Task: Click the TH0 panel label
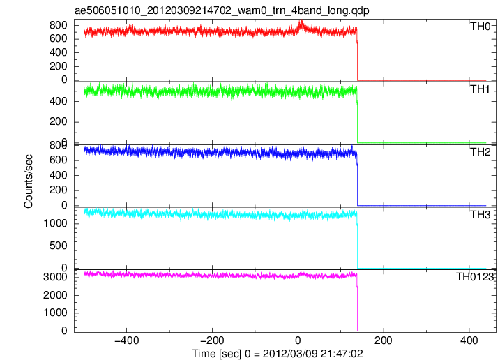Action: coord(480,27)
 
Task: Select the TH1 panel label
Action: coord(480,89)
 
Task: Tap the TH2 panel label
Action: coord(480,152)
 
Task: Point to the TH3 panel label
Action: coord(480,215)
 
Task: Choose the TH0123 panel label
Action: coord(475,277)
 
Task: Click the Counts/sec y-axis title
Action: coord(28,181)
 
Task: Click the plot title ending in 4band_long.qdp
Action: coord(222,11)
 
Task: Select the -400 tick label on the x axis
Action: coord(127,340)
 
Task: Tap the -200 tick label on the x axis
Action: coord(212,340)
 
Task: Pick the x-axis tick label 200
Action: coord(384,340)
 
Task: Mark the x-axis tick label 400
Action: coord(469,340)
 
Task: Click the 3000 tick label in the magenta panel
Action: coord(56,277)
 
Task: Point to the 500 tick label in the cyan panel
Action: coord(59,246)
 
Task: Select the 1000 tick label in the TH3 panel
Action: coord(56,223)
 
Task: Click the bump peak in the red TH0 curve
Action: coord(301,22)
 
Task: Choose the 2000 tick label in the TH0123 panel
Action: coord(56,295)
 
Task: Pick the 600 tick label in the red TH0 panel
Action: coord(59,39)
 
